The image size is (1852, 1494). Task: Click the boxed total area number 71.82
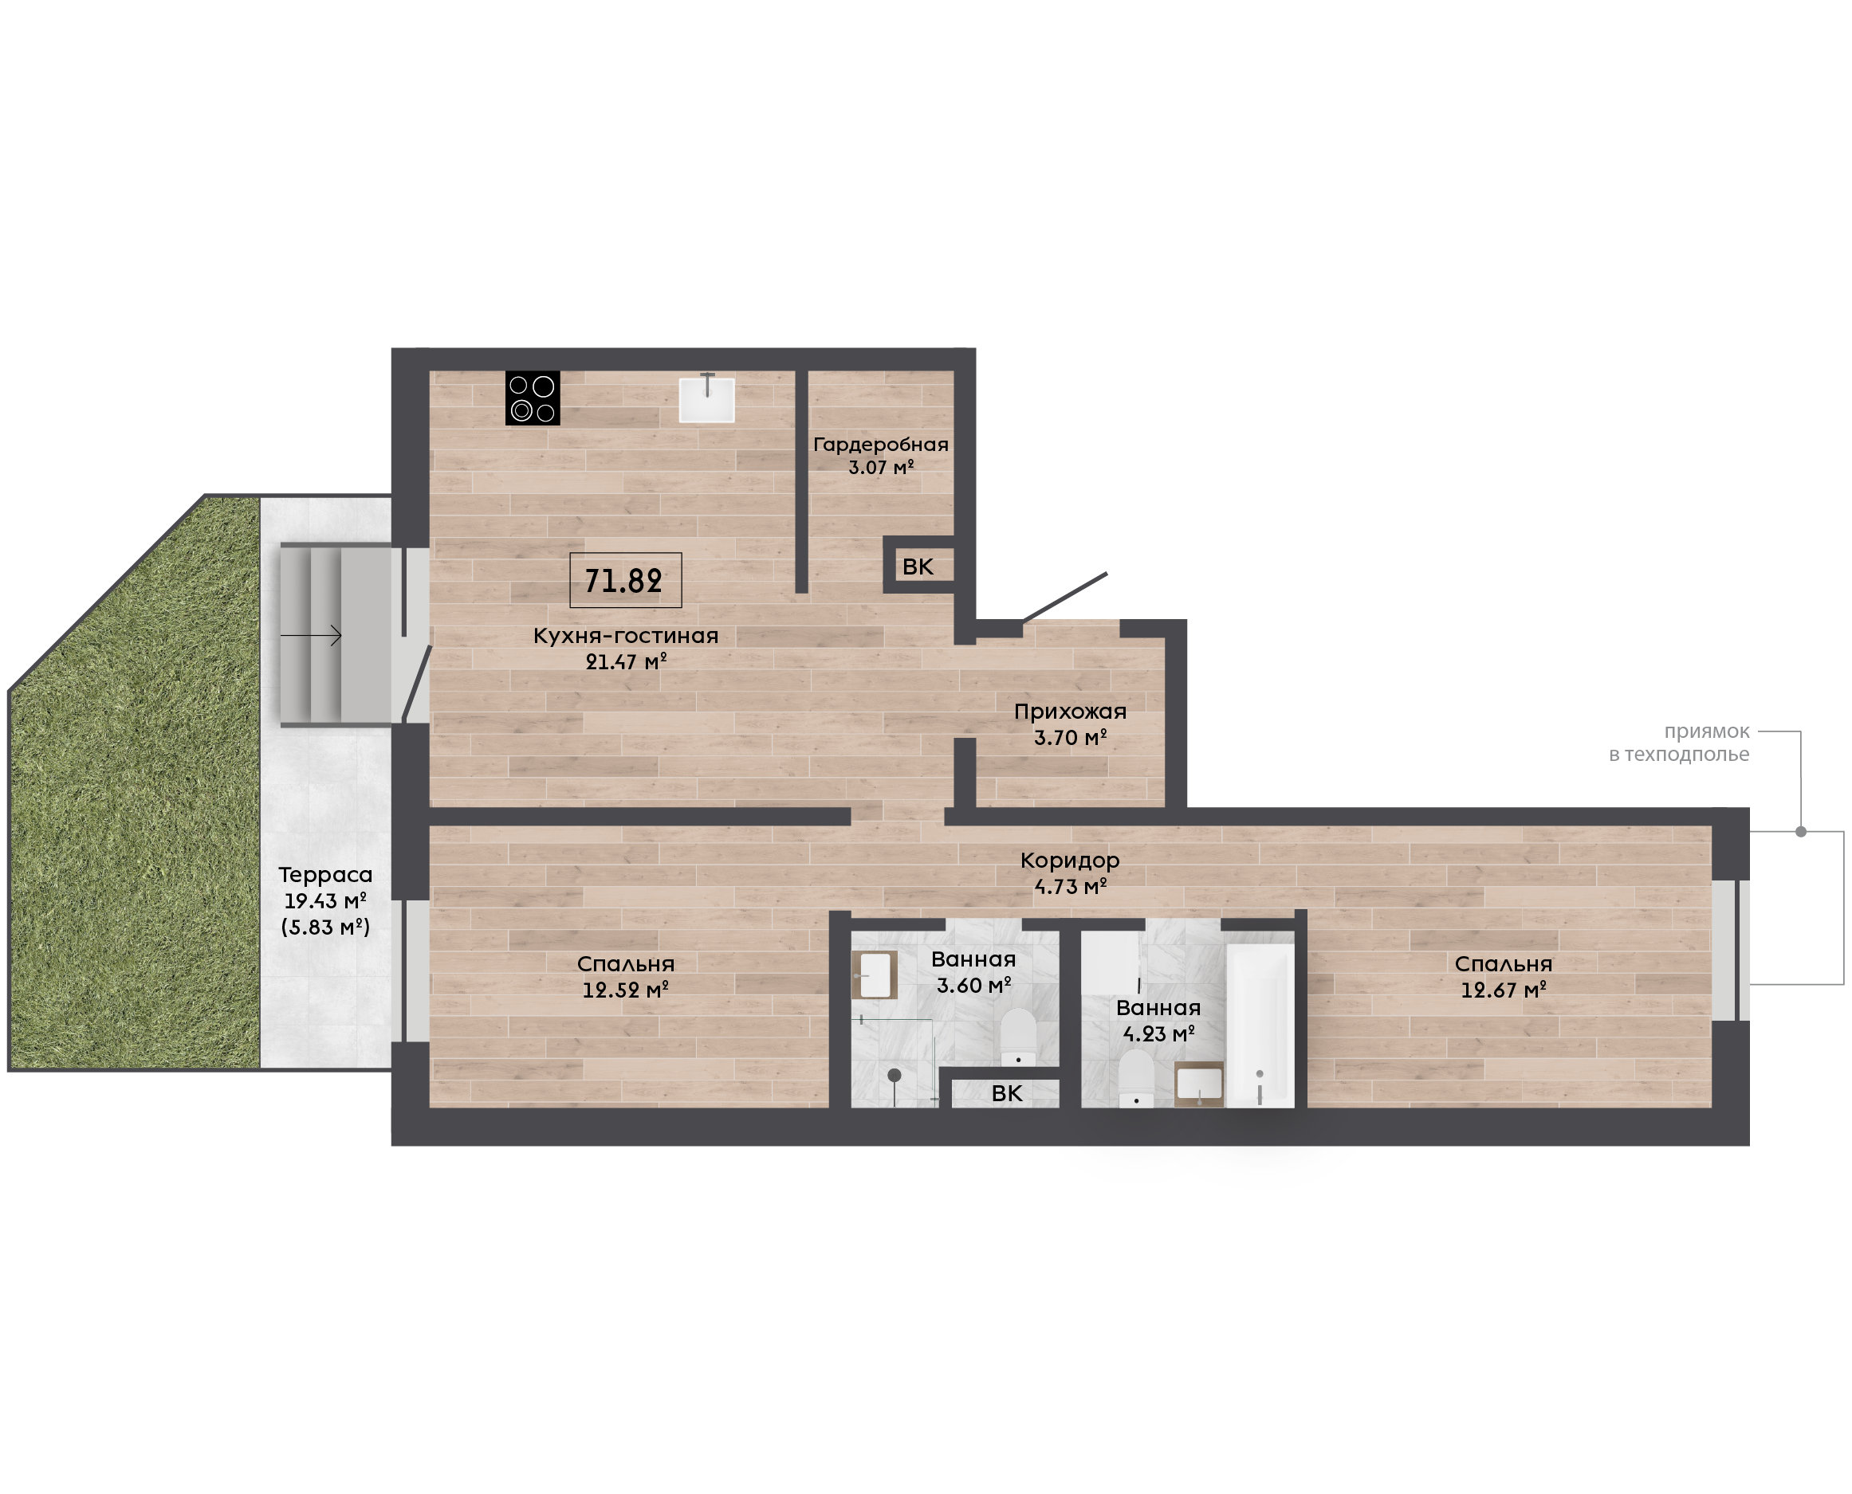click(x=624, y=581)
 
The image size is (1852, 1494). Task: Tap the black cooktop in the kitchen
click(x=532, y=398)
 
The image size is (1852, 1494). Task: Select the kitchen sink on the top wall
click(x=707, y=399)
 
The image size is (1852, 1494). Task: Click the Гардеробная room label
click(x=880, y=444)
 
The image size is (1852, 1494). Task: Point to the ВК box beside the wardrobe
click(x=918, y=566)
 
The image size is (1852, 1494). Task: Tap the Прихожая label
click(x=1070, y=712)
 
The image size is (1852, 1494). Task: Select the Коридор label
click(x=1070, y=860)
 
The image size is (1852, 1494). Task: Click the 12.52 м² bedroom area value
click(x=626, y=990)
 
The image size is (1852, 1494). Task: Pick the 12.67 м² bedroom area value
click(x=1504, y=990)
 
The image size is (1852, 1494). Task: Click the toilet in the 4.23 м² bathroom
click(x=1137, y=1077)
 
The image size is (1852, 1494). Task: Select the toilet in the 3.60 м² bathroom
click(x=1019, y=1037)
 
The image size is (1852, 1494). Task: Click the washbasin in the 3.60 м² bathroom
click(x=875, y=975)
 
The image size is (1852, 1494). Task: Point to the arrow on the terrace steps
click(x=311, y=636)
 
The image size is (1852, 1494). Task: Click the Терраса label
click(x=325, y=875)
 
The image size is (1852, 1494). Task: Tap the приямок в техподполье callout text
click(x=1679, y=743)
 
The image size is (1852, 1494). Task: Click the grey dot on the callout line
click(x=1800, y=831)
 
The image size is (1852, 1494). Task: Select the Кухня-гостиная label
click(x=625, y=636)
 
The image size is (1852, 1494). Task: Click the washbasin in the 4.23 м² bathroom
click(x=1199, y=1084)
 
